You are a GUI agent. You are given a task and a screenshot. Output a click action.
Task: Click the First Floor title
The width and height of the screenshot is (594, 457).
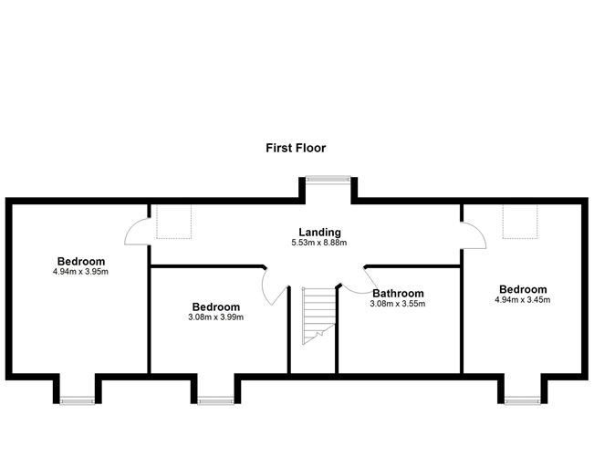pos(296,148)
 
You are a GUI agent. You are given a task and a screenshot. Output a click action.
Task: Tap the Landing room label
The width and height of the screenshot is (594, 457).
pos(319,232)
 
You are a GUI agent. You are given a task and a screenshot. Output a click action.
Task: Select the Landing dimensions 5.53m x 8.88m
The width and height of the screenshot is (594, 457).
pos(319,243)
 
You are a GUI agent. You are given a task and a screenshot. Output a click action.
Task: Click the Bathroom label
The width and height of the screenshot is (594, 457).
pos(398,293)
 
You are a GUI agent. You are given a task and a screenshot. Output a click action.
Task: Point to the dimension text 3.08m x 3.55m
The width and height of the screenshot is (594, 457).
pos(398,304)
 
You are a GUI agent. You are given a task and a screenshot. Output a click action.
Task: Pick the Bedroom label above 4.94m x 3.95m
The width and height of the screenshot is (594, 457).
pos(81,261)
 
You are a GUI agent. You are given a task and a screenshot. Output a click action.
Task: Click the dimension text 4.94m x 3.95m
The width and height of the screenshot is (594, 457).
pos(80,272)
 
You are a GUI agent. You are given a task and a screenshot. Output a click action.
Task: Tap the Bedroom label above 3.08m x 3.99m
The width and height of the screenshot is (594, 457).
pos(216,306)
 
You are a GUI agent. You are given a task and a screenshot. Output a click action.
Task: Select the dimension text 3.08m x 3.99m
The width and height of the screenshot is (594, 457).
pos(215,317)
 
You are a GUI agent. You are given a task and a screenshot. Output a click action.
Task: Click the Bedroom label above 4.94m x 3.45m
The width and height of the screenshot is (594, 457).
pos(523,289)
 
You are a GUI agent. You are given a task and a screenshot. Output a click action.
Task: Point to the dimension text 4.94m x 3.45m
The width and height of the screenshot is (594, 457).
pos(523,300)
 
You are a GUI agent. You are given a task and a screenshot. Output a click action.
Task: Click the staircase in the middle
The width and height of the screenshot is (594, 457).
pos(319,316)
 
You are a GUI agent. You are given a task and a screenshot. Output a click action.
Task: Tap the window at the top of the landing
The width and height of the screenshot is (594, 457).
pos(328,179)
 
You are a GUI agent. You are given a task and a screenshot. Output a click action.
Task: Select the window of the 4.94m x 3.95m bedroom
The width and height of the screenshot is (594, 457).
pos(78,400)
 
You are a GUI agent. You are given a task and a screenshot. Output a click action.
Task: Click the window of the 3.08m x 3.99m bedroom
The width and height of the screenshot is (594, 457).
pos(216,400)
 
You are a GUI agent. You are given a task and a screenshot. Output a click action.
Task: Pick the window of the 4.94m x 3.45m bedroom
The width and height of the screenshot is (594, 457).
pos(523,400)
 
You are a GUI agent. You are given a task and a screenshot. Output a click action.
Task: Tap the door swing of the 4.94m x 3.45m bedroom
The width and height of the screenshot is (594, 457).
pos(478,230)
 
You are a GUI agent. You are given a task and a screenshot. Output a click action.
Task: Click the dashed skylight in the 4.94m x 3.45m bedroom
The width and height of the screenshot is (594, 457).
pos(520,222)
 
